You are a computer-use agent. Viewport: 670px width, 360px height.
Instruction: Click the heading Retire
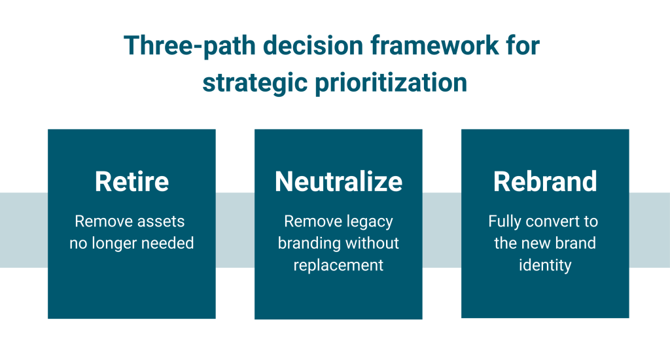(x=132, y=181)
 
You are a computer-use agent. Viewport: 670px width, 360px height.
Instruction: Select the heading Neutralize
(x=338, y=181)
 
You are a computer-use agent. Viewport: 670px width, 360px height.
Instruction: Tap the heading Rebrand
(x=545, y=181)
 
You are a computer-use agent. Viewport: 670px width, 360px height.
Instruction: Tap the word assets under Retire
(x=161, y=221)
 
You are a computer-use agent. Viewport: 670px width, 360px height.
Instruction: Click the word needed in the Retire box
(x=169, y=243)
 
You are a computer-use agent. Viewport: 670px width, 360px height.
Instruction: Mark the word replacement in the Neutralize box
(x=338, y=265)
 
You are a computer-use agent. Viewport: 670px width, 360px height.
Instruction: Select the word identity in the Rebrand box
(x=545, y=265)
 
